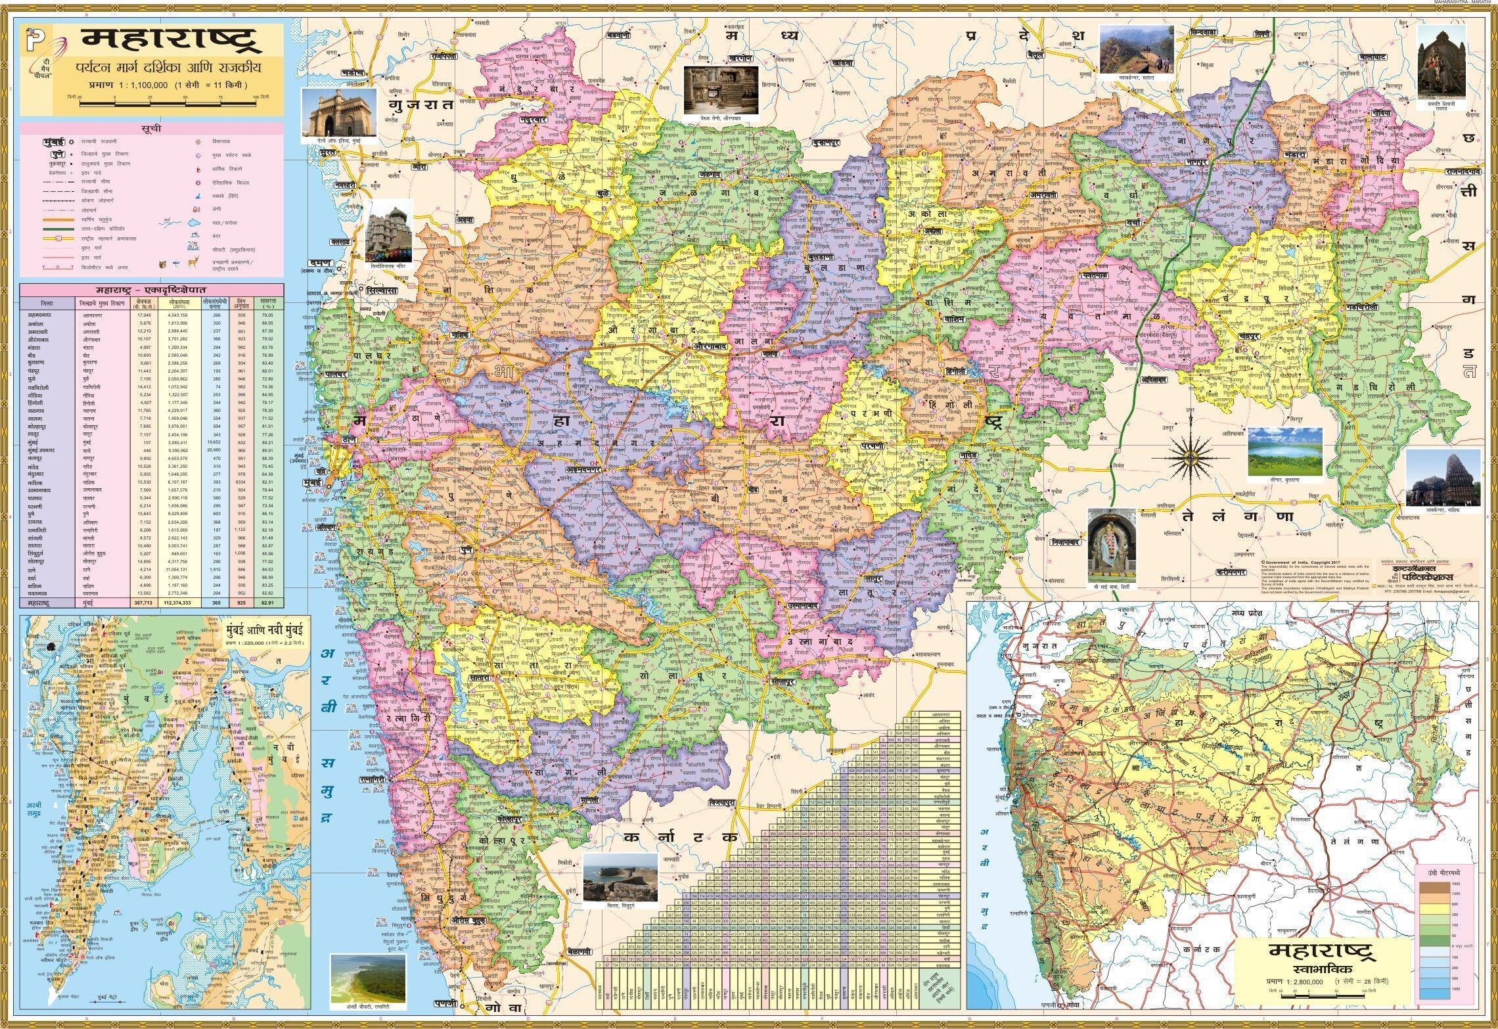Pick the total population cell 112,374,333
179,602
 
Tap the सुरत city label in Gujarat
328,152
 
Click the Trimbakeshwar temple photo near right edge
1443,478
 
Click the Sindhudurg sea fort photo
620,878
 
